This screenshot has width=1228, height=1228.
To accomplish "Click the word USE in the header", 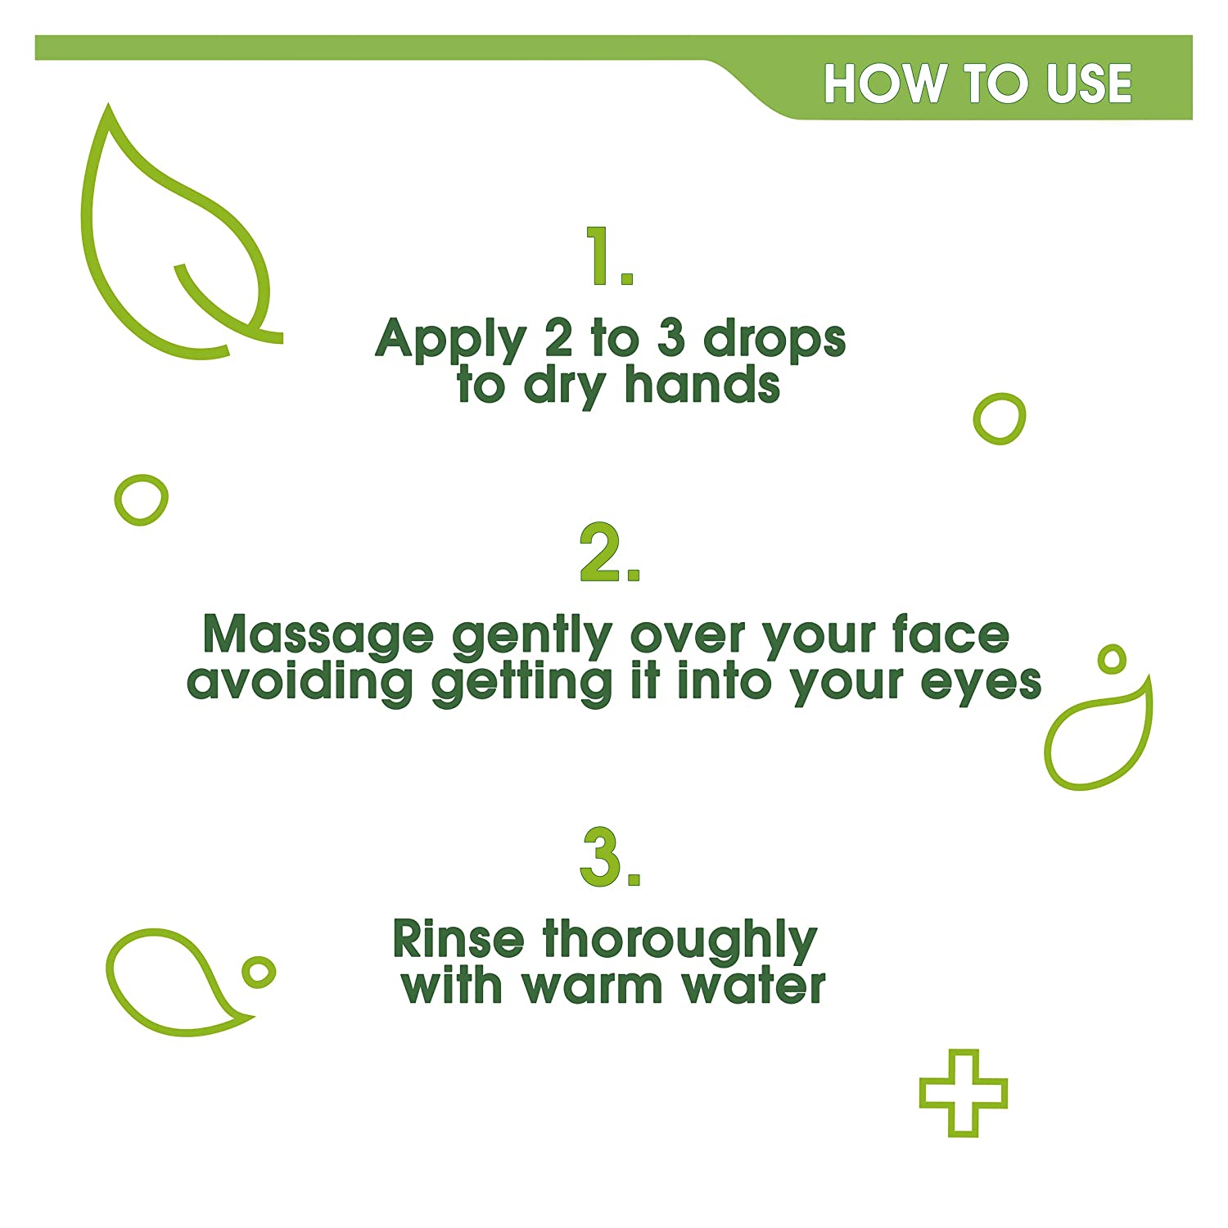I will pyautogui.click(x=1090, y=84).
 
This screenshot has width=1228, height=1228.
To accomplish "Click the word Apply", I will pyautogui.click(x=450, y=340).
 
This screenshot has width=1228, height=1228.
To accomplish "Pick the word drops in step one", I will pyautogui.click(x=774, y=340).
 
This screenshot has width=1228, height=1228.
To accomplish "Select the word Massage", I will pyautogui.click(x=318, y=637).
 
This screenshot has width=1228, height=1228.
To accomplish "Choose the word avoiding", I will pyautogui.click(x=300, y=682).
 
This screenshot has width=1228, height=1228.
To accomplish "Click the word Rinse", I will pyautogui.click(x=458, y=939).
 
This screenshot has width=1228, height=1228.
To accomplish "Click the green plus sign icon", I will pyautogui.click(x=963, y=1093).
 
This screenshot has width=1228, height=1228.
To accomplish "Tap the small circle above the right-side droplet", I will pyautogui.click(x=1111, y=659).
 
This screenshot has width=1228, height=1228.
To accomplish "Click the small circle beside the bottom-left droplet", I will pyautogui.click(x=259, y=972).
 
